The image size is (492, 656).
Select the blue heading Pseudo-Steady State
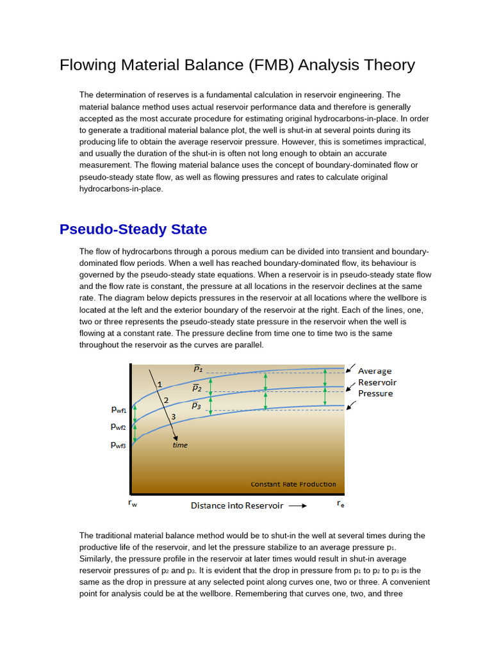click(x=133, y=229)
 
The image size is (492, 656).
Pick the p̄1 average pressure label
click(x=198, y=368)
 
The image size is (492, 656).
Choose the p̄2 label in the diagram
click(x=197, y=388)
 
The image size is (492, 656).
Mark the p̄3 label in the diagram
click(x=197, y=406)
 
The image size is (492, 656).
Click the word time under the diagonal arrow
click(x=180, y=445)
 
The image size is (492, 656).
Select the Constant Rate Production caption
click(x=293, y=484)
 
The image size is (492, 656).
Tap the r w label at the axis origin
click(x=133, y=504)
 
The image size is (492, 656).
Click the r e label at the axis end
click(x=340, y=504)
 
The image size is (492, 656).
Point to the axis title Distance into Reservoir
click(x=237, y=505)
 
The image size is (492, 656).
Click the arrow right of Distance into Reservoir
click(x=297, y=505)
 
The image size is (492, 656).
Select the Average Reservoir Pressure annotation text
click(x=375, y=382)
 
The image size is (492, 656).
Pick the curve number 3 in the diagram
click(x=173, y=416)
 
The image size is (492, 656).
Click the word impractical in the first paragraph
click(x=402, y=142)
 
